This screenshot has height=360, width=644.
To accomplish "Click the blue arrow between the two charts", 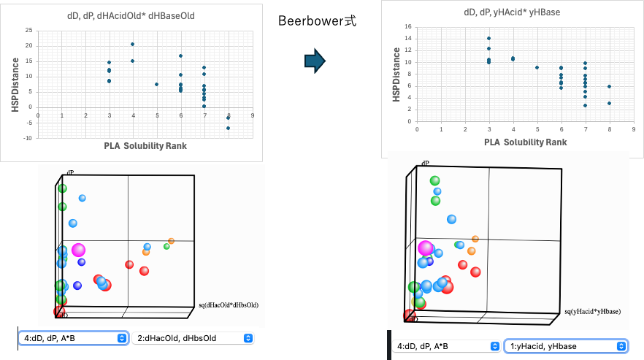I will point(314,62).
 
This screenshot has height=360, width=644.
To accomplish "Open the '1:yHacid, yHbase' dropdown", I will point(565,346).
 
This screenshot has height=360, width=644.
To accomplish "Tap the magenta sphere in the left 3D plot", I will point(78,250).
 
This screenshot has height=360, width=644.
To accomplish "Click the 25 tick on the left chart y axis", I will point(28,30).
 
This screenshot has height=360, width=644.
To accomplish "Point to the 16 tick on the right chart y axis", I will point(409,26).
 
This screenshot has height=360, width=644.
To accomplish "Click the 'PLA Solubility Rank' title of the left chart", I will point(145,145).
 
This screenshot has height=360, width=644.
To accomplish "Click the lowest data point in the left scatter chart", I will point(228,128).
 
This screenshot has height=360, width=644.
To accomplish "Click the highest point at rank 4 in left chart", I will point(132,44).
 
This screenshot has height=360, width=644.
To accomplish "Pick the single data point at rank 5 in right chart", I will point(537,67).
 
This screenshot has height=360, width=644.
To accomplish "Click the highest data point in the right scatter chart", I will point(488,38).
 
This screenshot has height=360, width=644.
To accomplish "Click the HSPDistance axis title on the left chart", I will point(14,84).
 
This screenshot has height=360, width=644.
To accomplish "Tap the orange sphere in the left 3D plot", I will point(172,240).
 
